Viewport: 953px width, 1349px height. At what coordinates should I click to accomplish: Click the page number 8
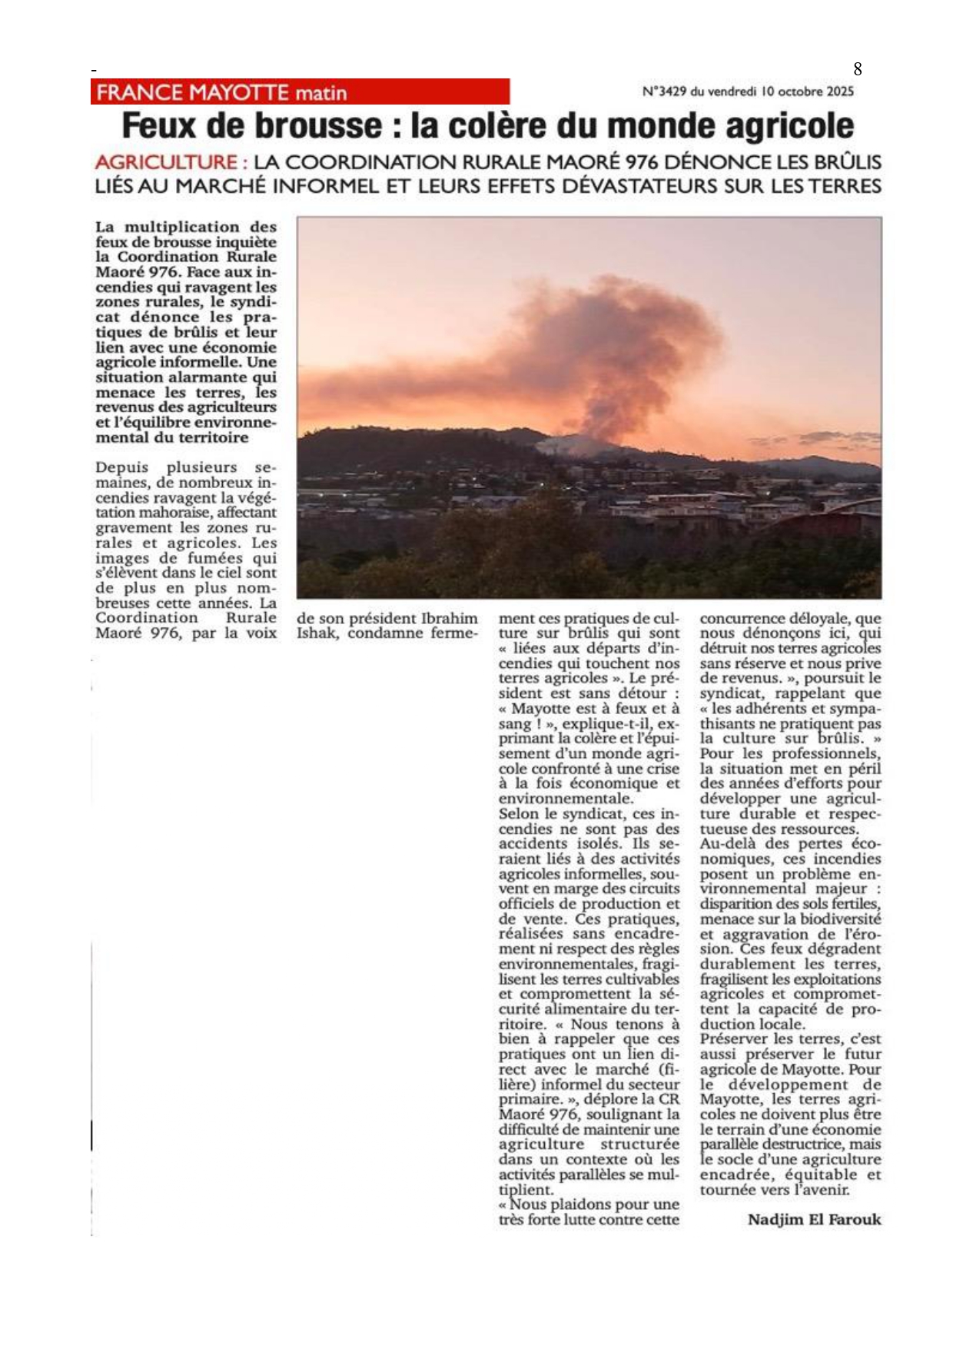pyautogui.click(x=858, y=69)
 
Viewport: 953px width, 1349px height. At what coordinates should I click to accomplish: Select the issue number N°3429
pyautogui.click(x=664, y=91)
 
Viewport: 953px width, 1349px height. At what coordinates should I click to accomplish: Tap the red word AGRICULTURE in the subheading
pyautogui.click(x=166, y=162)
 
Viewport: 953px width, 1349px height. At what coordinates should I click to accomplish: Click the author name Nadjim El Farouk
pyautogui.click(x=814, y=1219)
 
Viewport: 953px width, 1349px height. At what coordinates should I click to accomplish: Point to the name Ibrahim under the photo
pyautogui.click(x=450, y=618)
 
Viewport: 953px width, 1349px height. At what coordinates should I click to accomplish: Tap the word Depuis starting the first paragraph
pyautogui.click(x=122, y=467)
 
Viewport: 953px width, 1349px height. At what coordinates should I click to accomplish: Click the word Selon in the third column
pyautogui.click(x=519, y=813)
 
